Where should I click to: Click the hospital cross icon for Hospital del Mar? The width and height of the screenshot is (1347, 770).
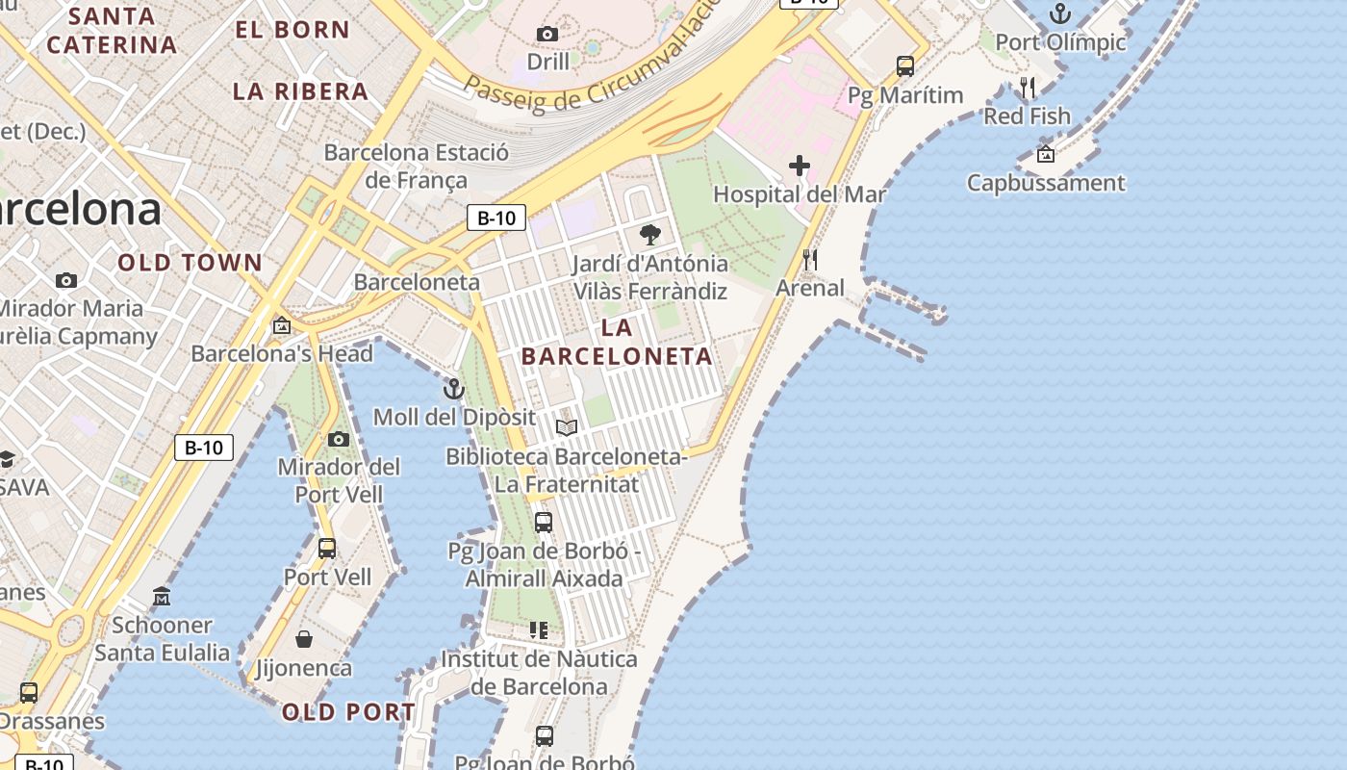800,166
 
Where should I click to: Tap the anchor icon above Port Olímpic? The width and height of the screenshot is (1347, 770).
1059,13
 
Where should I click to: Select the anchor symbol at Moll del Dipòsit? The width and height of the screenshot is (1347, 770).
453,389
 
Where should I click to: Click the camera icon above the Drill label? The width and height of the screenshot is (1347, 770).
547,35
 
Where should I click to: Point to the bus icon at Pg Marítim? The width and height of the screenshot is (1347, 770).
905,66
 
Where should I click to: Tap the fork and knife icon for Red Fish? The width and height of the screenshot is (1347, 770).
1027,89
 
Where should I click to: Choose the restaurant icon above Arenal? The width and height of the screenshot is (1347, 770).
810,260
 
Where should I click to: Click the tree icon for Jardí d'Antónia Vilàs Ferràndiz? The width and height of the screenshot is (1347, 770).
650,234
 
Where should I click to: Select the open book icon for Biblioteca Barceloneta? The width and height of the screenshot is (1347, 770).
567,427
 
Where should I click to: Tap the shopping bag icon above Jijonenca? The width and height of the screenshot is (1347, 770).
304,639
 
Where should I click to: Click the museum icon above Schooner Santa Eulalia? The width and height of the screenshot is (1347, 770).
162,597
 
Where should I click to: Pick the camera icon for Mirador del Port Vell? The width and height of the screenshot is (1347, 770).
339,439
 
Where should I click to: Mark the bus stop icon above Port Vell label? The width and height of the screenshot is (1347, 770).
327,549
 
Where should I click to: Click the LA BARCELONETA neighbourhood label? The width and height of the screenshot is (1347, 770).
617,342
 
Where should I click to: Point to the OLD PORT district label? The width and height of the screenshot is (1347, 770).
348,712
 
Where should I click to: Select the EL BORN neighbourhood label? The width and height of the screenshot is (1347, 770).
292,29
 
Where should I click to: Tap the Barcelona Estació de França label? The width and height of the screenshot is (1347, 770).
416,166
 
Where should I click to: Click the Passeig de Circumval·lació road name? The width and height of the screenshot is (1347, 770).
587,72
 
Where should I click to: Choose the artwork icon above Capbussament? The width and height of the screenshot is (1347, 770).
1046,154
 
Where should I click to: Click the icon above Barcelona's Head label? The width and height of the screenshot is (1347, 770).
281,326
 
